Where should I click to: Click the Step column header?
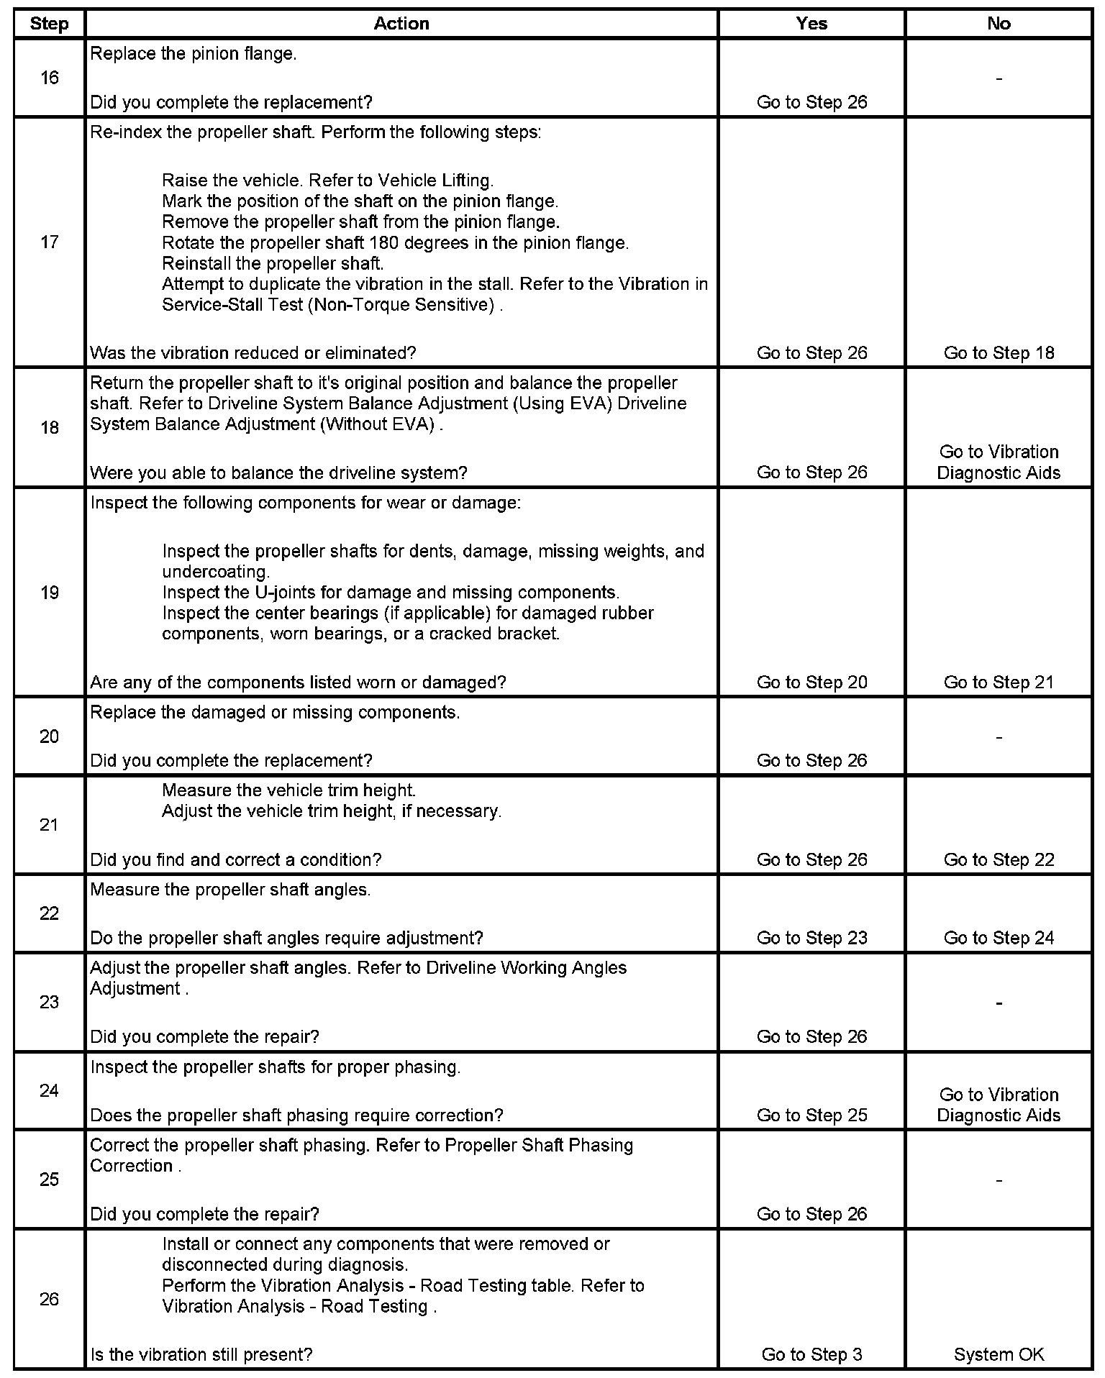[49, 24]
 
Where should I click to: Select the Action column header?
[401, 24]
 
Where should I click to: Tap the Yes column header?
[811, 24]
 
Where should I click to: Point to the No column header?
[999, 24]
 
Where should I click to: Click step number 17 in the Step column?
[49, 242]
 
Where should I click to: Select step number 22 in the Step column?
[49, 913]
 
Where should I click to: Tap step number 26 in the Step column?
[49, 1299]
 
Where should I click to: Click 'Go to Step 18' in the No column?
[999, 353]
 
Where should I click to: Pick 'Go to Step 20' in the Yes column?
[811, 683]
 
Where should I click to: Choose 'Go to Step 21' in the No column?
[999, 683]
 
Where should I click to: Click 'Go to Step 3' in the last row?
[811, 1355]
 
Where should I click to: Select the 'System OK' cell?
[999, 1355]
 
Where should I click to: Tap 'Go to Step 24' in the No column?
[999, 938]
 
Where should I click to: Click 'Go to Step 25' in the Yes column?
[811, 1115]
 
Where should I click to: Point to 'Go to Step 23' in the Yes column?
[811, 938]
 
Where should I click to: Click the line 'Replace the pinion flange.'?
[193, 54]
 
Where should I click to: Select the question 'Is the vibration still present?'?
[201, 1355]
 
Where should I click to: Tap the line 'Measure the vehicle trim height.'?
[288, 790]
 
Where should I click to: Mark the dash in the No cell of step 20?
[999, 736]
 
